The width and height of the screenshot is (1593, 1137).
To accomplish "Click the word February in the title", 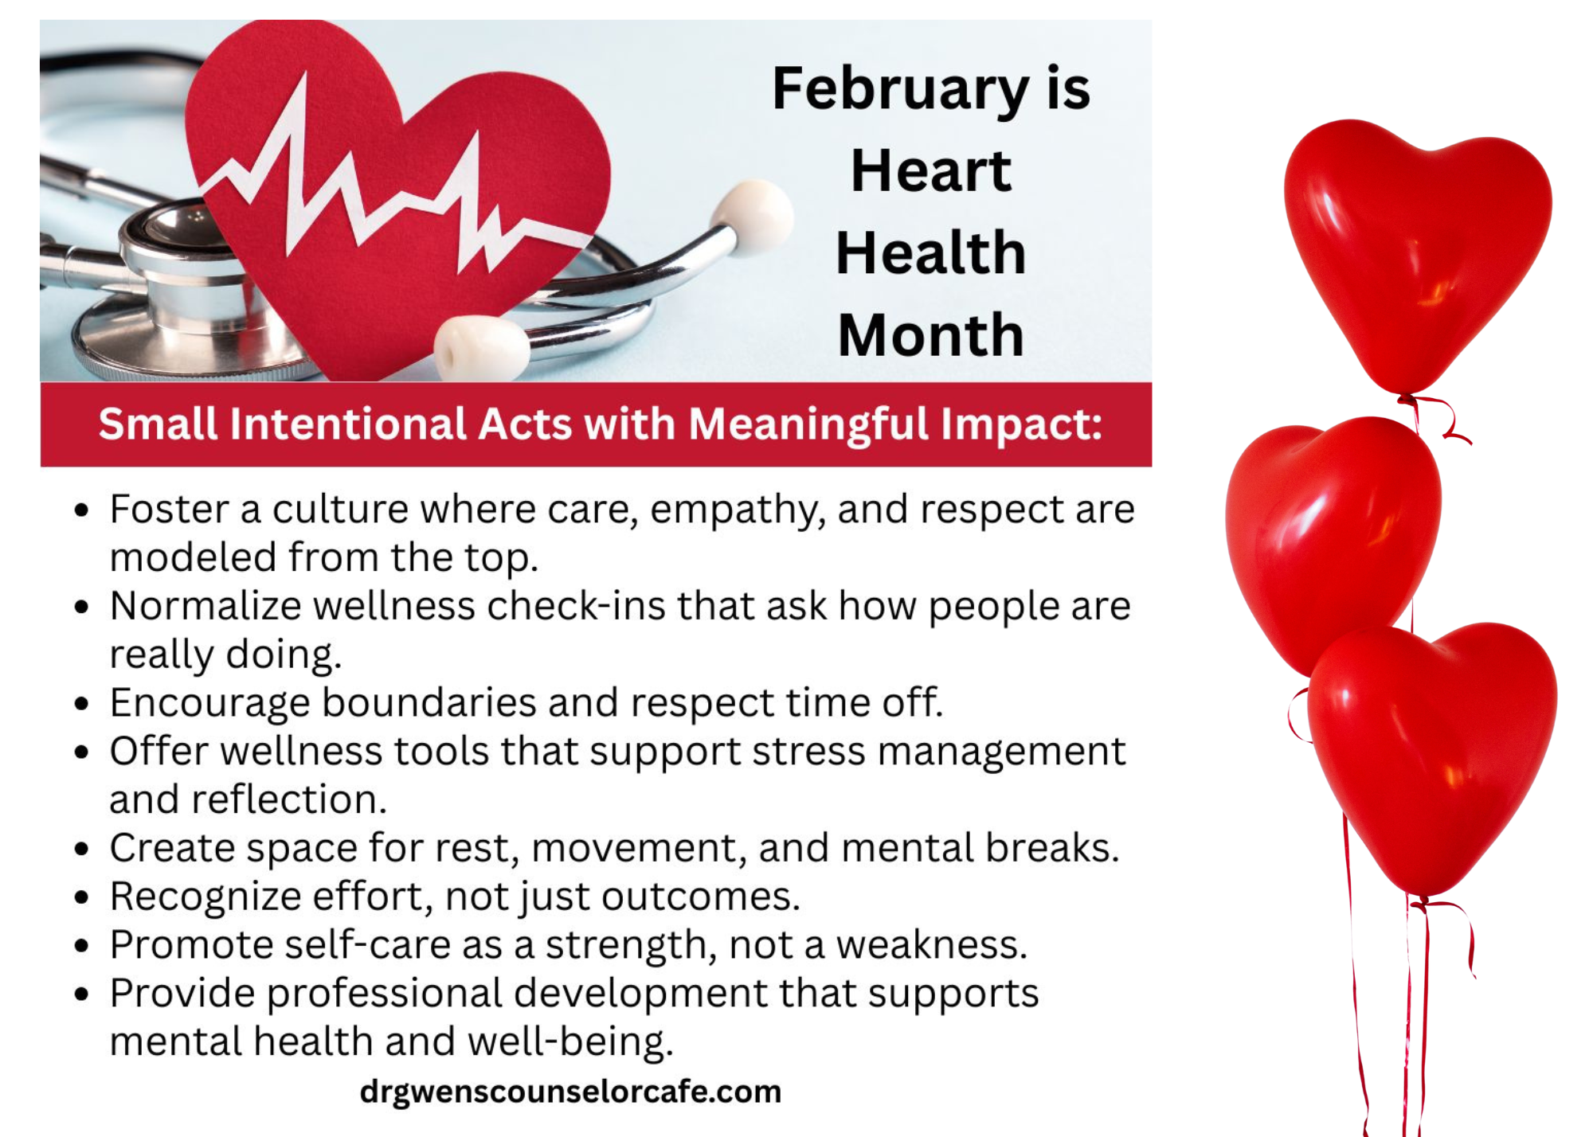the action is click(901, 89).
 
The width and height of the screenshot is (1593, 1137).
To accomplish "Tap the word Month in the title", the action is click(930, 335).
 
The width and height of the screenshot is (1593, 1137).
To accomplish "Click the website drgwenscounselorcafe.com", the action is click(570, 1092).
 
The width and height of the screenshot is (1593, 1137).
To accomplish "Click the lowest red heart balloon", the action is click(1432, 756).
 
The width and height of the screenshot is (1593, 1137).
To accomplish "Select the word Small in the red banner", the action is click(158, 424).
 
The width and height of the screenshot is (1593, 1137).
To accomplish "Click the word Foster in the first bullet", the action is click(170, 509).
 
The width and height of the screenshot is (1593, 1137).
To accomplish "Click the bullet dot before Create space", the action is click(81, 849).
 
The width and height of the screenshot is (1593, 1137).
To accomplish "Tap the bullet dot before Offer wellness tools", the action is click(81, 752).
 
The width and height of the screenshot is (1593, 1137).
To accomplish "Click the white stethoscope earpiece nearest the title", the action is click(753, 215).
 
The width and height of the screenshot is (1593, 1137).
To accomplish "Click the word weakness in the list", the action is click(931, 945).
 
